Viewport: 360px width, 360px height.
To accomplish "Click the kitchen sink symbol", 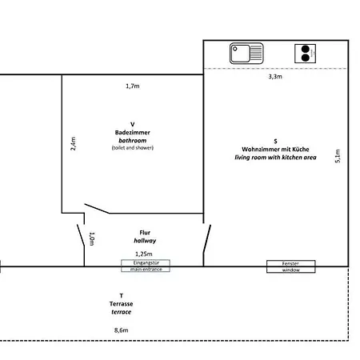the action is point(246,54).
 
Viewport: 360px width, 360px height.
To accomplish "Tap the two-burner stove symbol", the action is point(305,54).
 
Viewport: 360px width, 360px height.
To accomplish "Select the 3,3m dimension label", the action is point(275,77).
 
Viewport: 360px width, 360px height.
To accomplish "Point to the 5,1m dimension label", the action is point(338,156).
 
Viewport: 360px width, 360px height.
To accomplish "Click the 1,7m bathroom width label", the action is point(133,86).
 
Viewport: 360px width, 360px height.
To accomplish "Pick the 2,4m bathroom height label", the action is point(73,144).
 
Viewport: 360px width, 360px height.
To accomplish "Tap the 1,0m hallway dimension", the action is point(92,238).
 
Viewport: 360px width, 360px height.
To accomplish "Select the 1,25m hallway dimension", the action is point(144,254).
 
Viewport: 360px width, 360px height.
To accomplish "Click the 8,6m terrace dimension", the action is point(122,330).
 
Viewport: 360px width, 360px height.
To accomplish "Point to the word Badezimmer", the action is point(133,132).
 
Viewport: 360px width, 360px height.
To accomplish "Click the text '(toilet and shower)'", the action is point(133,147).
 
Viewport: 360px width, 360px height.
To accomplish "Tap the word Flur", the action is point(145,233).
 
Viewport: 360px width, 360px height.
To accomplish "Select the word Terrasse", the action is point(121,304).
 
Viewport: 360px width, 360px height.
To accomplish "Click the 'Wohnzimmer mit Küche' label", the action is point(275,149).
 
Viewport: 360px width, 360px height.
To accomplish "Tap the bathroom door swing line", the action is point(97,209).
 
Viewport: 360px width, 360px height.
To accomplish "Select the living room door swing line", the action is point(207,238).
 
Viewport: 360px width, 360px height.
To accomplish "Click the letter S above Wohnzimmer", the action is point(275,141).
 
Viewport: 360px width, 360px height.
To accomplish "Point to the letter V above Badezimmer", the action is point(133,124).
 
